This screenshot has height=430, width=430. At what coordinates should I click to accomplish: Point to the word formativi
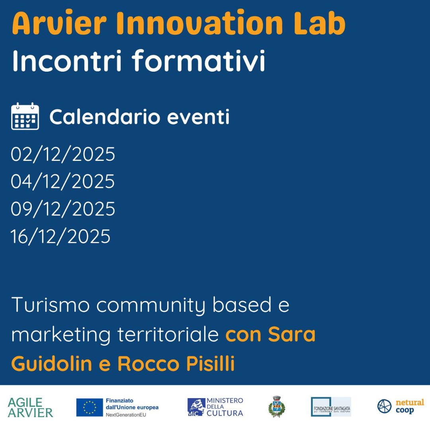point(198,61)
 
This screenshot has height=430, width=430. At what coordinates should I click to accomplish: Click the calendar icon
point(25,116)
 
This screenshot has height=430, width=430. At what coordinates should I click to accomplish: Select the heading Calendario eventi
point(139,117)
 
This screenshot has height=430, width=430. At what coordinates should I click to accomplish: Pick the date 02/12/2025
point(63,154)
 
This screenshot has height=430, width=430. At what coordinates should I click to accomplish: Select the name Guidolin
point(52,364)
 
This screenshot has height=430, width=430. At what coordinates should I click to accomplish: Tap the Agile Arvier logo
point(30,407)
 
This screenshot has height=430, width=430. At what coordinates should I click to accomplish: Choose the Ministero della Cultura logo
point(215,407)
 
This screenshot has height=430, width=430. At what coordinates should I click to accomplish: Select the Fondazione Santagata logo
point(331,407)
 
